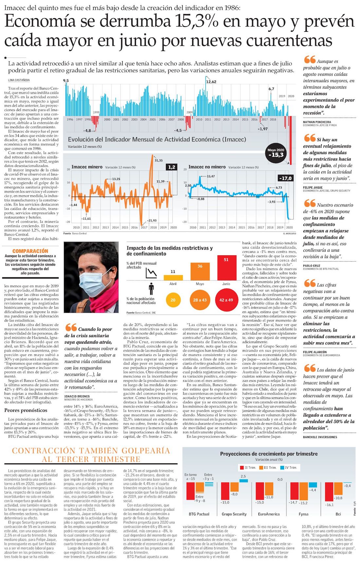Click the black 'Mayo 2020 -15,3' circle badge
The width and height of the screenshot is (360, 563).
click(x=276, y=153)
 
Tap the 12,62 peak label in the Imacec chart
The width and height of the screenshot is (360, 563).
click(x=211, y=82)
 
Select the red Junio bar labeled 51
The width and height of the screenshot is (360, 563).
click(x=226, y=267)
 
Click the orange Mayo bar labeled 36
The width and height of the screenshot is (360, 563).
click(x=200, y=271)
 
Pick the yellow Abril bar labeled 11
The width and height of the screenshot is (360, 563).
click(x=173, y=277)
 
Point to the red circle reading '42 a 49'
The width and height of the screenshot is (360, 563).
click(x=226, y=300)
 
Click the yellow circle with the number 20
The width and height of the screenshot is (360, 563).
click(x=173, y=300)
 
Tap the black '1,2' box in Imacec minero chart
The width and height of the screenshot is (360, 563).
click(x=171, y=167)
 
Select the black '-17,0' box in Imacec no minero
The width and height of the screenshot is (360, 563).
click(x=285, y=178)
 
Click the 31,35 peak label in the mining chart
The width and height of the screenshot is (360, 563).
click(x=158, y=160)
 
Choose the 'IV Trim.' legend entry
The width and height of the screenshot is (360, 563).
click(x=289, y=468)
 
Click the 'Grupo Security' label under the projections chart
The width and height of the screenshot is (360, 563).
click(x=234, y=514)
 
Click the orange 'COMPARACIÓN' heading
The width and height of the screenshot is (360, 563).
click(x=30, y=251)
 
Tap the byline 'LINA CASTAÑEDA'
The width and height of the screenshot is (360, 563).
click(x=19, y=80)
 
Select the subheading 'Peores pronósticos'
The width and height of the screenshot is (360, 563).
click(x=26, y=410)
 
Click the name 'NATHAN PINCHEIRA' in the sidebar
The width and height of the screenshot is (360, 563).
click(x=317, y=122)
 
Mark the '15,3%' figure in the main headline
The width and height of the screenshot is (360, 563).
click(x=197, y=22)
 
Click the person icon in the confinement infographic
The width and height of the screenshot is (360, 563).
click(x=151, y=289)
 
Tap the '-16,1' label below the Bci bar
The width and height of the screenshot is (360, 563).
click(x=329, y=505)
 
